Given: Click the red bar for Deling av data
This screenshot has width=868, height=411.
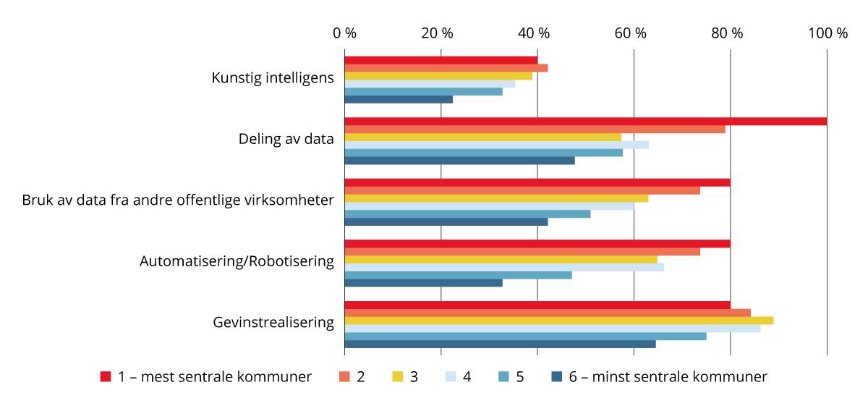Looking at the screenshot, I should (x=585, y=121).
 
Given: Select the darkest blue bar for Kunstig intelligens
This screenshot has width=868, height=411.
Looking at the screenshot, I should (x=399, y=99).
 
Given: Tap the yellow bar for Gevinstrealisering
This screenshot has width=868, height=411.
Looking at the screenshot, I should (x=558, y=320).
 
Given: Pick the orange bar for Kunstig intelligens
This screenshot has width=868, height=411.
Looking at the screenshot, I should (x=446, y=68).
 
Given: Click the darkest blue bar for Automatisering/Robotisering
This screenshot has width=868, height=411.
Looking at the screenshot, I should (x=423, y=282).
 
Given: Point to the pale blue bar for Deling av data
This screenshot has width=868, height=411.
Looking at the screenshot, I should (x=496, y=145).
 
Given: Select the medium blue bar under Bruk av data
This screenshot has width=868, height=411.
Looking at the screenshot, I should (x=467, y=213).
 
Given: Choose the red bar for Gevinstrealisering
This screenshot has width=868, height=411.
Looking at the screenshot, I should (x=537, y=305).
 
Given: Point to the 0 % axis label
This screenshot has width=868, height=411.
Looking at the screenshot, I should (x=345, y=33).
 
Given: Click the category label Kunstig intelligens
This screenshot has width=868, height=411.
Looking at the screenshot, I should (x=273, y=78).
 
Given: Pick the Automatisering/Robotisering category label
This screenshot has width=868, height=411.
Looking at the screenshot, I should (x=237, y=261).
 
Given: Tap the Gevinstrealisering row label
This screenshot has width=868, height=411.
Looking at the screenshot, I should (x=273, y=322).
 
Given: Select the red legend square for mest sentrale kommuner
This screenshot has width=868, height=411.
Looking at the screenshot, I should (x=106, y=376).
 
